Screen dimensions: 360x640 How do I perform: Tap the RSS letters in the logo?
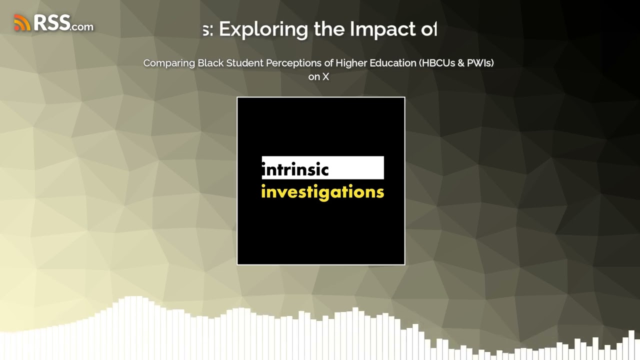coord(51,22)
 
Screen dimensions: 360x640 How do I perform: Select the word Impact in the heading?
coord(380,29)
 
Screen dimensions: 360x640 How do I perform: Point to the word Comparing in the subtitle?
coord(169,63)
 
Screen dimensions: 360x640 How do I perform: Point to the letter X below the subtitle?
coord(325,76)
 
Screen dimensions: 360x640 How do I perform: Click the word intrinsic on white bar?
coord(295,169)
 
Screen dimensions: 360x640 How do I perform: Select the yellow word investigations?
coord(322,192)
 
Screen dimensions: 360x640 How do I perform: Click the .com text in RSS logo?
coord(82,26)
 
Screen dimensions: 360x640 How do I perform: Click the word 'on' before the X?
coord(314,76)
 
